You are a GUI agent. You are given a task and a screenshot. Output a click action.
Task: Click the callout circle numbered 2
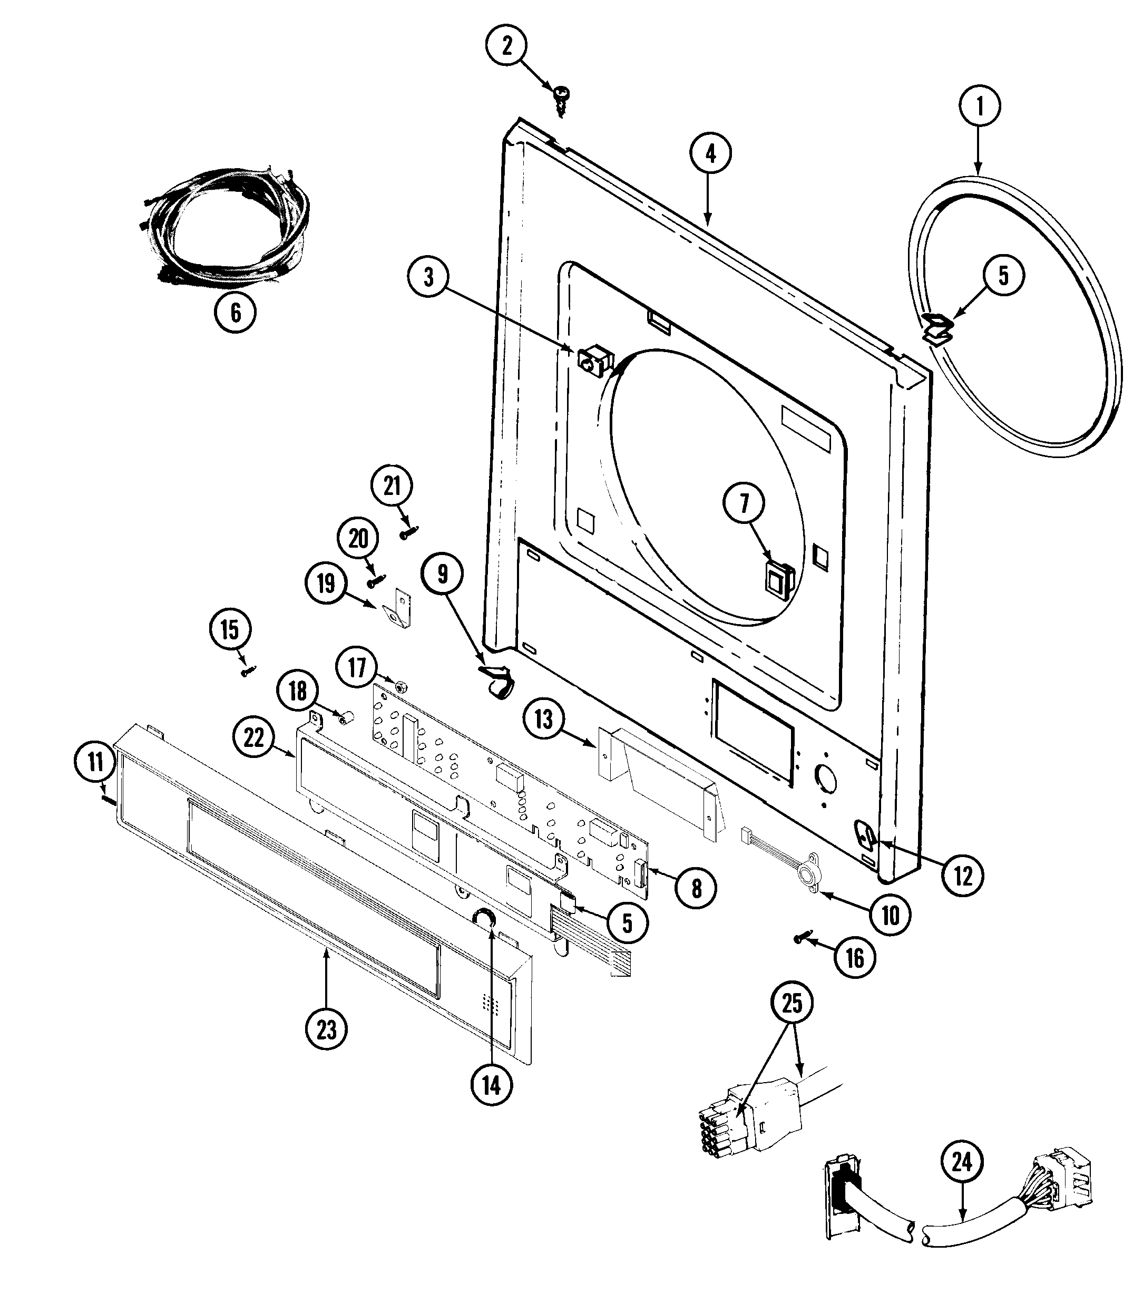coord(506,46)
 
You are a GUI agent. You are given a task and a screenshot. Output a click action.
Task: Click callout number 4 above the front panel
coord(710,154)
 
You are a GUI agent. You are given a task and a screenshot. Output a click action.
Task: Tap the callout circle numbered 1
coord(979,107)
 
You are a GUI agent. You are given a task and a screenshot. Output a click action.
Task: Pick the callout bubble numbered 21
coord(392,486)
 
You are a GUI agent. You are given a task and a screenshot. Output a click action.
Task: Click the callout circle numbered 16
coord(855,958)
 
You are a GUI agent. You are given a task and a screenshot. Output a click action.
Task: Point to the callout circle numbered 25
coord(792,1004)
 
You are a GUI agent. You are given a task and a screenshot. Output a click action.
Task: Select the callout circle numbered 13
coord(544,720)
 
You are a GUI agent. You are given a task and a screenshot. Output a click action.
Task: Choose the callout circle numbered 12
coord(962,876)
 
